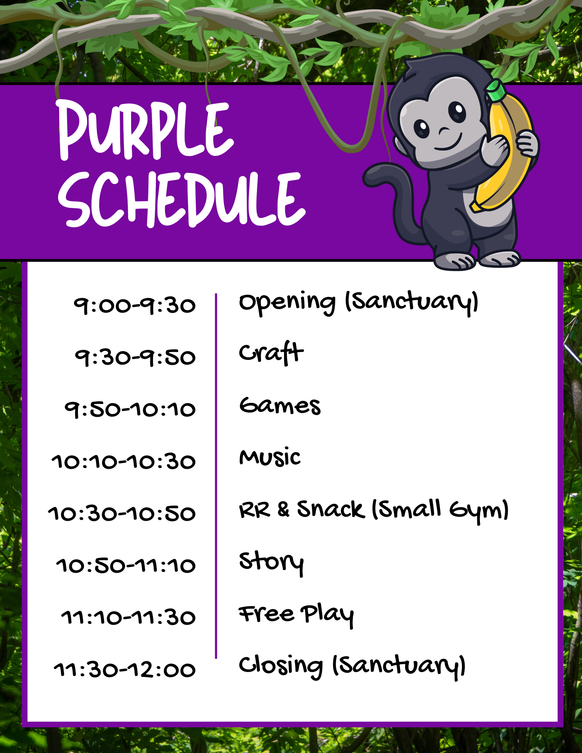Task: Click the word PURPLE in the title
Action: point(145,130)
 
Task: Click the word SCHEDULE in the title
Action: point(182,200)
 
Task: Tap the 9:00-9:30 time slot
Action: point(134,305)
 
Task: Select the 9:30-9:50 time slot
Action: point(135,357)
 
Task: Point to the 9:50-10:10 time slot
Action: point(130,409)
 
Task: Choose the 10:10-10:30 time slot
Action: point(124,462)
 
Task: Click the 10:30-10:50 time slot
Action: point(122,514)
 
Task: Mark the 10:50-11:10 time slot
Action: point(126,566)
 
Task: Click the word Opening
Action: point(287,303)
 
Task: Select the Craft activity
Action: point(271,353)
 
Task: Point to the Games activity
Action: point(280,406)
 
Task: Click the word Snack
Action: point(331,509)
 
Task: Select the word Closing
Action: point(281,666)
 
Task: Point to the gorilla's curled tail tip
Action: point(371,177)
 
